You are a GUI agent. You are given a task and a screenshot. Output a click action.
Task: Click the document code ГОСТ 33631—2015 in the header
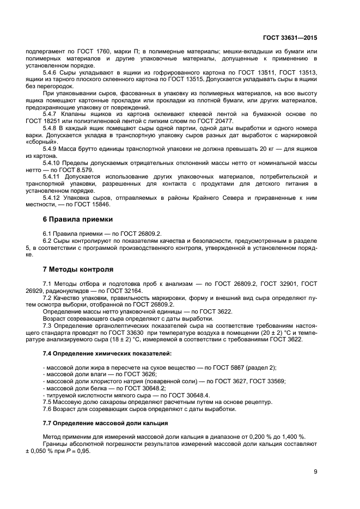coord(290,38)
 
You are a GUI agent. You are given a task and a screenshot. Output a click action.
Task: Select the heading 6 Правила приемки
coord(77,219)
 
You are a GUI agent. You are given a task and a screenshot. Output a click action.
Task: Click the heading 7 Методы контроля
coord(78,269)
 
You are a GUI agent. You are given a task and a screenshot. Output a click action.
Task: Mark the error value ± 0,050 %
coord(40,451)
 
